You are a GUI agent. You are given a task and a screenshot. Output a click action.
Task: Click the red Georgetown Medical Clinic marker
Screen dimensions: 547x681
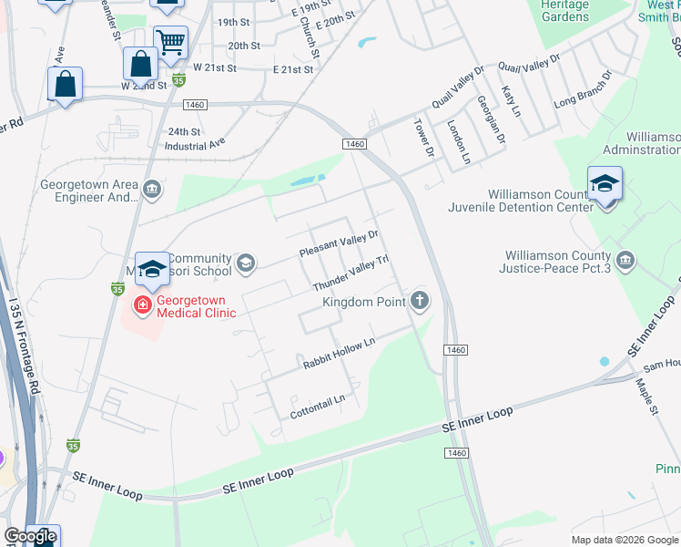pos(143,304)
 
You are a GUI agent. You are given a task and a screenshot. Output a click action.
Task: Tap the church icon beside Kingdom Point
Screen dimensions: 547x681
pos(420,300)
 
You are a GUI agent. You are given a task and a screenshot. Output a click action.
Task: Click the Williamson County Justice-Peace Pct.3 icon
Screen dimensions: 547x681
pos(625,262)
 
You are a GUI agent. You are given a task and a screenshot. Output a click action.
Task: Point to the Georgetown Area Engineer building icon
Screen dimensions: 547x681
pos(152,190)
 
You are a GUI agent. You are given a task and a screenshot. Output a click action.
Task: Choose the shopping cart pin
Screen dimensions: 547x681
pos(169,41)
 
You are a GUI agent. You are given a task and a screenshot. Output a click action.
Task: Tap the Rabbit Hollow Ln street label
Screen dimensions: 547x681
pos(339,354)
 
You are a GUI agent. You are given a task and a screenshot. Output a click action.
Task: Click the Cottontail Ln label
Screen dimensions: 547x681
pos(318,400)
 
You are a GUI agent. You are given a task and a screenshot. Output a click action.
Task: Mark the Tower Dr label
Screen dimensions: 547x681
pos(424,137)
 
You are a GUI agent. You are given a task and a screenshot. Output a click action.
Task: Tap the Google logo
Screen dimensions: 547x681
pos(29,536)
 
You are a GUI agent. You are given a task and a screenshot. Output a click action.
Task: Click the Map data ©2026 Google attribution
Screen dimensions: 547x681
pos(624,540)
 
